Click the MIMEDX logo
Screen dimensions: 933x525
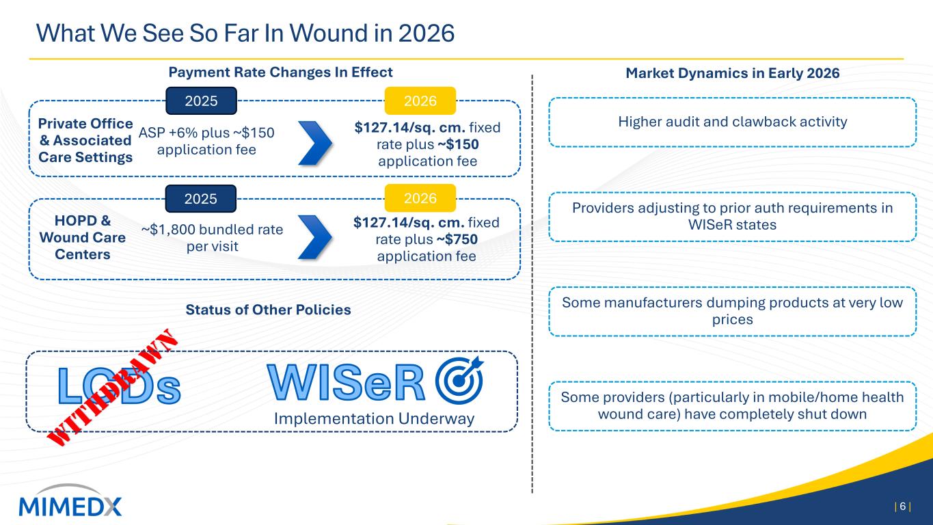(70, 501)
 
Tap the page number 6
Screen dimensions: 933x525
(903, 507)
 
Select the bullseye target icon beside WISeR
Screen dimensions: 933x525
(459, 380)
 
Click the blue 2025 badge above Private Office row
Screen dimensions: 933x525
(201, 101)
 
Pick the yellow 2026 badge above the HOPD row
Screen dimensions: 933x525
(420, 198)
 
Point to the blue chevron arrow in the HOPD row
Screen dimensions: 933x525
(315, 237)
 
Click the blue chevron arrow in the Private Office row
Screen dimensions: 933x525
(315, 143)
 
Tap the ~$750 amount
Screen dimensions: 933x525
(457, 239)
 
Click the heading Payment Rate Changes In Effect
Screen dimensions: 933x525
(280, 72)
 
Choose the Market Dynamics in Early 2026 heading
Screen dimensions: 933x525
(732, 73)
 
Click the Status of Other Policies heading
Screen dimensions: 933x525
(268, 310)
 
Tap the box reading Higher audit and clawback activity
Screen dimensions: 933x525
(732, 122)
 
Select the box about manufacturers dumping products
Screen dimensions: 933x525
(732, 311)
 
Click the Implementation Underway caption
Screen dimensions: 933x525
(374, 418)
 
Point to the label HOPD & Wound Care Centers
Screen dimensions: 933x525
(83, 237)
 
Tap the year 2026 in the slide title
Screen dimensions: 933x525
(426, 33)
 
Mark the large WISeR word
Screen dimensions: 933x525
(346, 382)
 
